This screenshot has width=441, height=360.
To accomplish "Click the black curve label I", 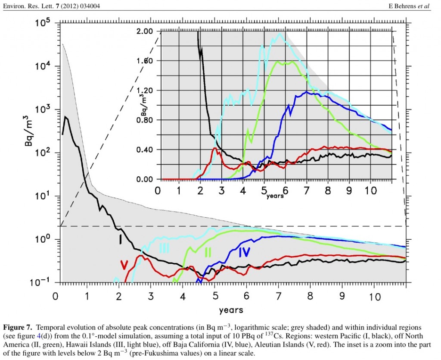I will point(121,238).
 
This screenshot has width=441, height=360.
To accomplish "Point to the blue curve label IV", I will point(245,252).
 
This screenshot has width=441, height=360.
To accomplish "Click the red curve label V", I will point(124,263).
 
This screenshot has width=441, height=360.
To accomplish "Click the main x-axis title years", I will point(231,310).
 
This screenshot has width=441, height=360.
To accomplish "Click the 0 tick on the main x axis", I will point(55,297).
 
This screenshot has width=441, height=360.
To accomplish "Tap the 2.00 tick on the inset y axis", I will point(145,31).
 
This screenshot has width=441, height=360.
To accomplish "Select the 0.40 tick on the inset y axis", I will point(145,150).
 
